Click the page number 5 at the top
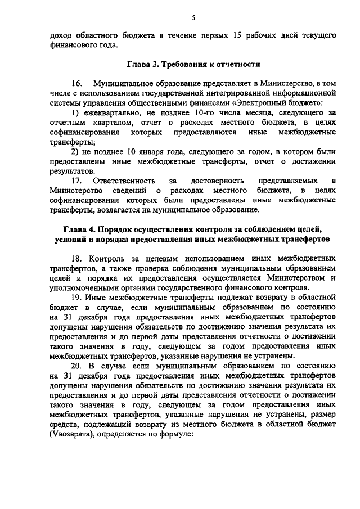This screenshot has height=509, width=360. (193, 18)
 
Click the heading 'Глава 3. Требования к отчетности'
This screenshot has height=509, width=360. (192, 65)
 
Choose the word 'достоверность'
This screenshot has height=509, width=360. (217, 181)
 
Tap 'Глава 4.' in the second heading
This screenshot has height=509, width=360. (78, 229)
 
